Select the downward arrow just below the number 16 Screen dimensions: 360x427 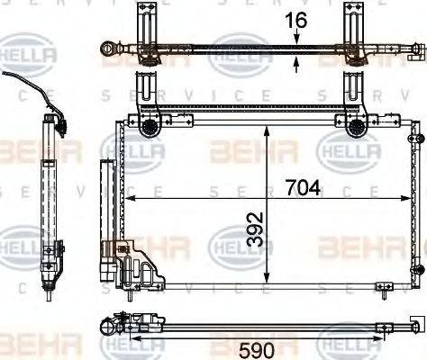297,39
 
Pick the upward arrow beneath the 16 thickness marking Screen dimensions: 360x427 297,62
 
